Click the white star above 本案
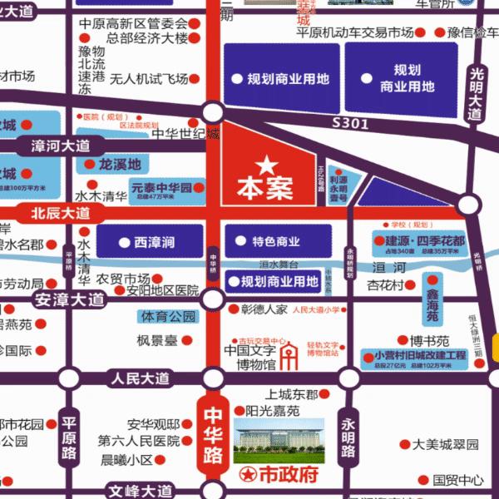265,164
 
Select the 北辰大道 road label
61,213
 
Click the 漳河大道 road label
61,146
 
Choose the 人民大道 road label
140,378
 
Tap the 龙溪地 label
121,164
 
